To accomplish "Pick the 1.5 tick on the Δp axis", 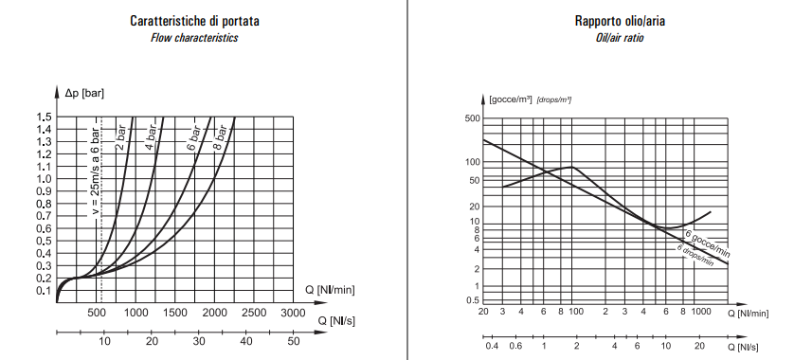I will point(44,117).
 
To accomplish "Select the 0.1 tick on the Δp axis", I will point(44,290).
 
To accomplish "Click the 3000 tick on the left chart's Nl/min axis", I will point(293,313).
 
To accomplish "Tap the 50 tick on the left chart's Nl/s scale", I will point(293,341).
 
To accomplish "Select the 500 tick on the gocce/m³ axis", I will point(473,119).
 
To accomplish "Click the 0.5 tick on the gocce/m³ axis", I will point(475,300).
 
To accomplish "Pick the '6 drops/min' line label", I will point(695,254).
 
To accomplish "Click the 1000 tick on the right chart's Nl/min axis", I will point(701,312).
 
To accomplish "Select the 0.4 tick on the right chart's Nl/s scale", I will point(492,347).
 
